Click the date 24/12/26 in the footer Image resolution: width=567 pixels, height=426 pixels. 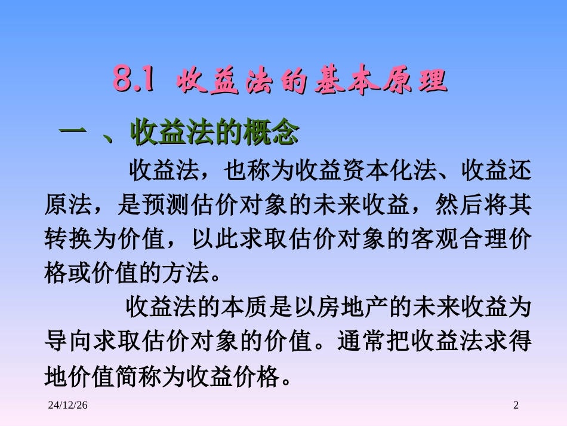click(67, 406)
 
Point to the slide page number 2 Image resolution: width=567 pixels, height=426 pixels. click(516, 406)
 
